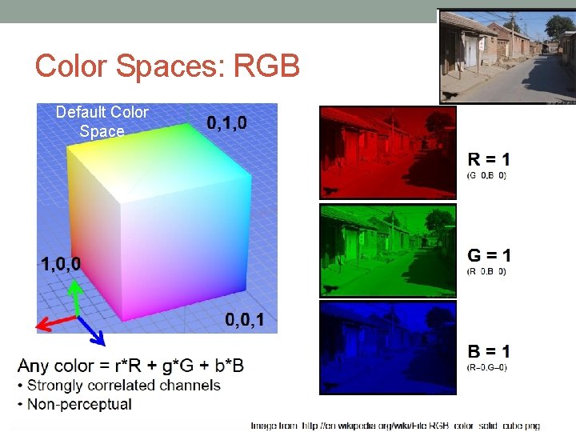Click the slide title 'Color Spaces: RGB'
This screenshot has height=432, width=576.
point(167,66)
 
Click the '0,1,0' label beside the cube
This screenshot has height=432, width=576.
point(226,122)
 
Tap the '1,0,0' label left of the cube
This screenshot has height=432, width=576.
point(60,263)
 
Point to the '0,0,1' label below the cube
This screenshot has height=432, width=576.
point(245,320)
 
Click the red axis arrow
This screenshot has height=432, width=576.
point(55,322)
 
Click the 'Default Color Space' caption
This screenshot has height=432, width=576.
point(102,122)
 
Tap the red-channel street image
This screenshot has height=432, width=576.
point(387,152)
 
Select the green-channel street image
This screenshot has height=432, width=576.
point(387,250)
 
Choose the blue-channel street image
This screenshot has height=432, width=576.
point(387,347)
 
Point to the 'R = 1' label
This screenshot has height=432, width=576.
point(489,158)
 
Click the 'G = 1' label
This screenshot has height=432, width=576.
point(489,255)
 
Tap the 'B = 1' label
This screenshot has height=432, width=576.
point(489,351)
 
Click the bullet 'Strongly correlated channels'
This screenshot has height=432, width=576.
point(124,385)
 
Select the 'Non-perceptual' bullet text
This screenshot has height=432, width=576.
point(79,404)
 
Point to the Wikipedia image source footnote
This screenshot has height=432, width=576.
point(395,426)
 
